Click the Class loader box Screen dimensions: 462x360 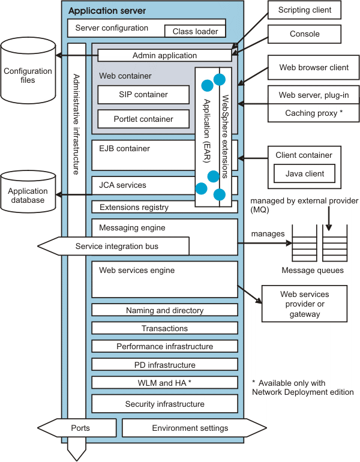coord(196,31)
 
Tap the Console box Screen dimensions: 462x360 coord(304,34)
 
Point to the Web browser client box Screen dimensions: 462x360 coord(314,68)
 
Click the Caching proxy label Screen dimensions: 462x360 coord(314,113)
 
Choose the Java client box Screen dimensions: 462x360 coord(304,174)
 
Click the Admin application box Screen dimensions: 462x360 coord(164,55)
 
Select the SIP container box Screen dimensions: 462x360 coord(143,94)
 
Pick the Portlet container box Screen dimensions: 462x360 coord(143,119)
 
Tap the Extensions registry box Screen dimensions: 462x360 coord(142,207)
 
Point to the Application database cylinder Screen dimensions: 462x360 coord(28,193)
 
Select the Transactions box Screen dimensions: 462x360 coord(164,328)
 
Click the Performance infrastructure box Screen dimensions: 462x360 coord(164,346)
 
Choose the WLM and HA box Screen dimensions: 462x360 coord(164,382)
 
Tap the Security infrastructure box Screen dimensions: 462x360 coord(164,404)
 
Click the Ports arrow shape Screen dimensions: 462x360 coord(80,428)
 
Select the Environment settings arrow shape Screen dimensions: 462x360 coord(186,428)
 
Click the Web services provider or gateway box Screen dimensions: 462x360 coord(304,304)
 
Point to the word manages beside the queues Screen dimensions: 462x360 coord(268,233)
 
